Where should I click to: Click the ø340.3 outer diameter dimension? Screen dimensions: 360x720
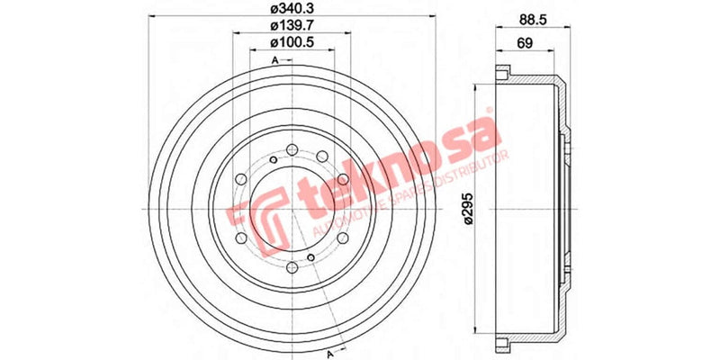pos(287,9)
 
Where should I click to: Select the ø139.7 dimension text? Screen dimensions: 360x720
pos(287,27)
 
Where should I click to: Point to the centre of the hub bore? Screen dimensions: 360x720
pos(287,208)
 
